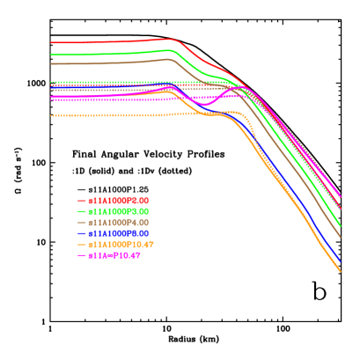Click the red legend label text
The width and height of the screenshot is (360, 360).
[119, 201]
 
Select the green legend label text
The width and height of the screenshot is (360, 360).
[119, 211]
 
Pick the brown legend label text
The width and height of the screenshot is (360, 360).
[119, 223]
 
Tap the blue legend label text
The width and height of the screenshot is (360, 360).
[119, 233]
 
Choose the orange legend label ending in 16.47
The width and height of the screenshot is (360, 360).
[121, 244]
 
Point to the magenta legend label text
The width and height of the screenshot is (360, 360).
[114, 255]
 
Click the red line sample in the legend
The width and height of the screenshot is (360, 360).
[82, 201]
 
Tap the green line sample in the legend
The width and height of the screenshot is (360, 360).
[82, 211]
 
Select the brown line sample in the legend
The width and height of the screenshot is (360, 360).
[82, 223]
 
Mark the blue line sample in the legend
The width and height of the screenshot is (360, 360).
[82, 233]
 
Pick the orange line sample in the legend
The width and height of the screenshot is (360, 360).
[82, 244]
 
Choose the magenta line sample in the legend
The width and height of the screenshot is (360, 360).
[82, 255]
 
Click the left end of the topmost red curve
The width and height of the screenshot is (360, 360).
[51, 42]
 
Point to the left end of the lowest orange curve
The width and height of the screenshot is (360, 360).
[51, 115]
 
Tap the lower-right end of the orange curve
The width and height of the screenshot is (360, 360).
[340, 270]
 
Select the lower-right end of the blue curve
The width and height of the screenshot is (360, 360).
[340, 261]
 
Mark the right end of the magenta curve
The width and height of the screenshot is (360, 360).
[340, 195]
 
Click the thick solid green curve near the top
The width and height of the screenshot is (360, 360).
[106, 54]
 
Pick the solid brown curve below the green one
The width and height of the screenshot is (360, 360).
[106, 62]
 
